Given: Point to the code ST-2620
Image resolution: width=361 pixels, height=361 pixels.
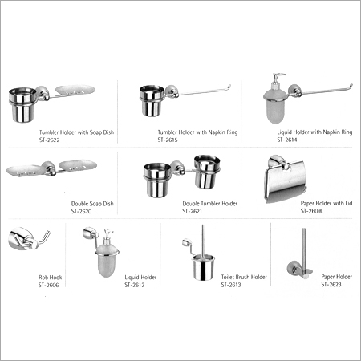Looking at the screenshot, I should (83, 211).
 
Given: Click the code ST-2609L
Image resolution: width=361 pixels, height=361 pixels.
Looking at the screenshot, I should (314, 211).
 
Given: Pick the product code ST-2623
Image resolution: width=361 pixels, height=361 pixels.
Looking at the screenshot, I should (331, 284).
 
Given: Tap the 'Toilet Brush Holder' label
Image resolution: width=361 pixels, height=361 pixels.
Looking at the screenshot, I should (244, 277).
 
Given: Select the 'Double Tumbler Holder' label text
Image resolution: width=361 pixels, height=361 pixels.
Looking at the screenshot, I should (210, 205).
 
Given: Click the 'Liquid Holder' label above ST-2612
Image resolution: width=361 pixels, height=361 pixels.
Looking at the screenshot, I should (140, 277).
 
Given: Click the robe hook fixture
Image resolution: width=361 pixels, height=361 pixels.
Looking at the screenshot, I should (19, 238).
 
